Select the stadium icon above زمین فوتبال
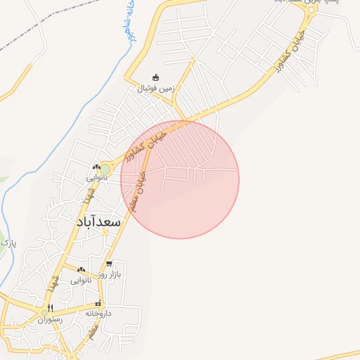coord(156,77)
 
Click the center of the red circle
coord(180,179)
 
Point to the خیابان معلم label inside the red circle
coord(138,191)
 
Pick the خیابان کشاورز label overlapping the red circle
coord(146,144)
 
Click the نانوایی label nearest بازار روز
coord(80,280)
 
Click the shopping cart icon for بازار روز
coord(109,264)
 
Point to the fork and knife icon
coord(50,308)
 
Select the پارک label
coord(8,243)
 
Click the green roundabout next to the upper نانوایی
coord(105,169)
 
